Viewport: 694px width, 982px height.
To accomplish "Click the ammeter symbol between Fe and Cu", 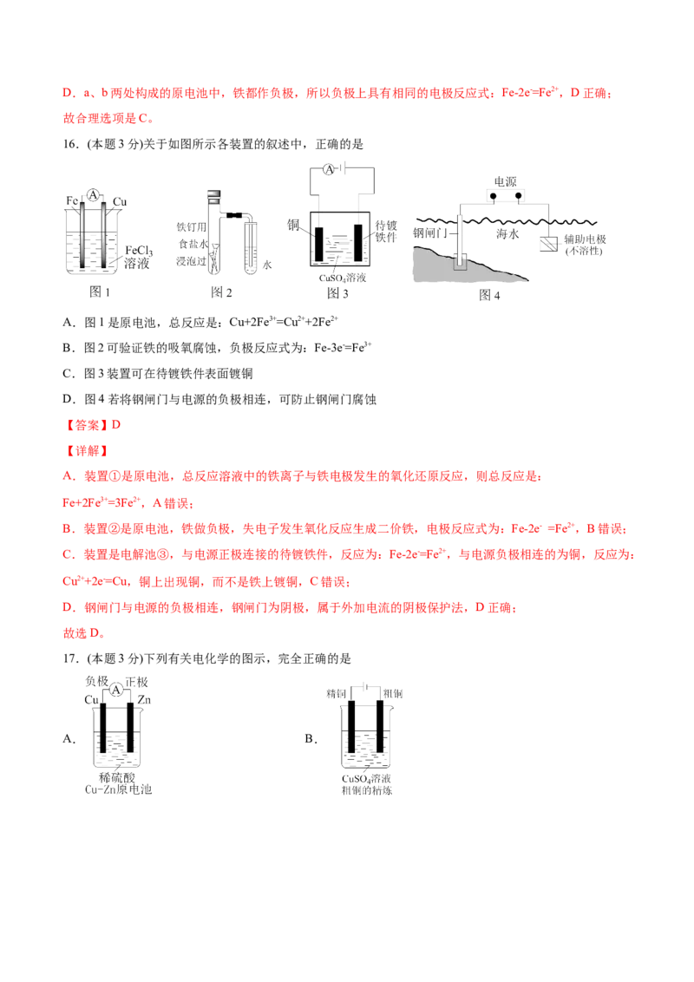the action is (x=93, y=195).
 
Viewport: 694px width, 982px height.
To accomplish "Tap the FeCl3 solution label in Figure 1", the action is (x=137, y=257).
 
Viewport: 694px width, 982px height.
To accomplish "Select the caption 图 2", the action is (x=221, y=291).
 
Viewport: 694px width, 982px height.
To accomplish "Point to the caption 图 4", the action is (x=489, y=295).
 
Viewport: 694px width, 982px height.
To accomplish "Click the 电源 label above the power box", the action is (x=506, y=181).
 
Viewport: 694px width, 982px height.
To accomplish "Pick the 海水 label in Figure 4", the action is (x=507, y=233).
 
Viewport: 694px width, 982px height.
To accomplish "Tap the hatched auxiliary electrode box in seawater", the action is (x=549, y=243).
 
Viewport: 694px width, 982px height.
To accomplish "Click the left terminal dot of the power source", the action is (x=494, y=197).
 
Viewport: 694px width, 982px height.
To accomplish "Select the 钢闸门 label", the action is (x=430, y=233).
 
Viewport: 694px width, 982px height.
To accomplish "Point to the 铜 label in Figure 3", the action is (x=293, y=224).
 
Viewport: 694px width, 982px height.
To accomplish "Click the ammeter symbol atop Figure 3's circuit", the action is (x=329, y=169).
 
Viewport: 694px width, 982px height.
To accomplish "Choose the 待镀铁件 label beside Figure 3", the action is (x=386, y=231).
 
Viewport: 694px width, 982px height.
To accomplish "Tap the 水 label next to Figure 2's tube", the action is (x=267, y=265).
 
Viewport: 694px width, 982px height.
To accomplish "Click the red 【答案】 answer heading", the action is (x=87, y=425).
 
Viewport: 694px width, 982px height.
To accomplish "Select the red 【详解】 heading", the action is (x=87, y=451).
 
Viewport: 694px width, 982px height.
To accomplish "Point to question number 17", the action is (x=70, y=658).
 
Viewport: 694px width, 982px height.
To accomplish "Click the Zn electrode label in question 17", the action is (x=144, y=699).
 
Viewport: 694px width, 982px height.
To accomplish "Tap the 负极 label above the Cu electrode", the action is (x=97, y=681).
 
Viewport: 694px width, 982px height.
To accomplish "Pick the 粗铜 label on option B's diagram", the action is (x=393, y=694).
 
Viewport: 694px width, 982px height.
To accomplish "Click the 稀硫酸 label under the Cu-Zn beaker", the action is (x=117, y=778).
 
